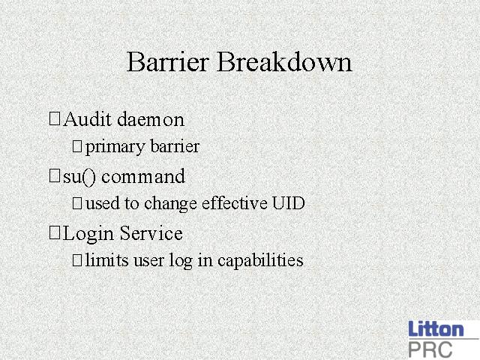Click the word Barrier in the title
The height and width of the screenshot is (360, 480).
point(168,61)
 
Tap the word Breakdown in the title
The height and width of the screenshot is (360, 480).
point(284,61)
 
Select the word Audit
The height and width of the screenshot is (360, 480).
point(87,118)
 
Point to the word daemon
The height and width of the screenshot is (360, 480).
point(151,119)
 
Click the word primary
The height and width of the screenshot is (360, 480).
point(115,147)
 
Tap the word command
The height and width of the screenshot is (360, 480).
point(143,176)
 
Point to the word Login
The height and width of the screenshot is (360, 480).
point(88,234)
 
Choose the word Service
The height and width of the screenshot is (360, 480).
point(151,233)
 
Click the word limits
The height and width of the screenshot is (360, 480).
point(106,259)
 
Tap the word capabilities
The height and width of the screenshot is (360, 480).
point(260,260)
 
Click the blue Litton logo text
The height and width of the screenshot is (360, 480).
point(436,328)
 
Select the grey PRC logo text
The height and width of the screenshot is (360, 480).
point(430,349)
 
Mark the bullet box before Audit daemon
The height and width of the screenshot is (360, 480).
point(55,118)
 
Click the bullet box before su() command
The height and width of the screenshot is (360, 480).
point(55,176)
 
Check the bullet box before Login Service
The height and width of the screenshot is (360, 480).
point(55,233)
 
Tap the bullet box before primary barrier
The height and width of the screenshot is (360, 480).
point(77,146)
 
